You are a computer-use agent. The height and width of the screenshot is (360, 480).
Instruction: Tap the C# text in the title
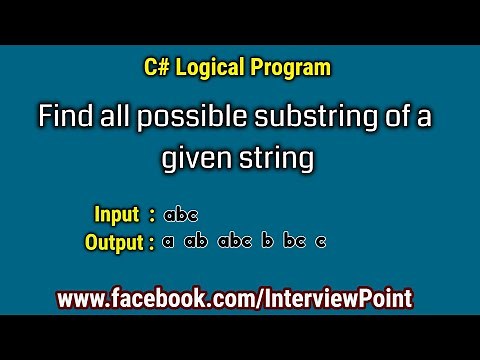click(155, 69)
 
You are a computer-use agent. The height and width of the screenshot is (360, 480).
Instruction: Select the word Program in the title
click(295, 69)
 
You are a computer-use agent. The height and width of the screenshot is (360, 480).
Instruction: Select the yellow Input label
click(116, 214)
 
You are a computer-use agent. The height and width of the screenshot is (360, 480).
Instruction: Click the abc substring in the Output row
click(234, 241)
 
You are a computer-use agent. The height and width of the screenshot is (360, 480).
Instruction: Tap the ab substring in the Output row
click(196, 241)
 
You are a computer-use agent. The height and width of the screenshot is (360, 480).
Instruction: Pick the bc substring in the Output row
click(296, 241)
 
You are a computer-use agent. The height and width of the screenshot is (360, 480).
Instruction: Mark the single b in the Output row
click(267, 241)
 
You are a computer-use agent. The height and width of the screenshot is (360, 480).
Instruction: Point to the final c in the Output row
click(321, 242)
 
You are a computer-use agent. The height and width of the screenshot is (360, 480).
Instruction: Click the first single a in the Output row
click(168, 242)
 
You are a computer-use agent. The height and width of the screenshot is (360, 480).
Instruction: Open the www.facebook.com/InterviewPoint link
click(235, 298)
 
